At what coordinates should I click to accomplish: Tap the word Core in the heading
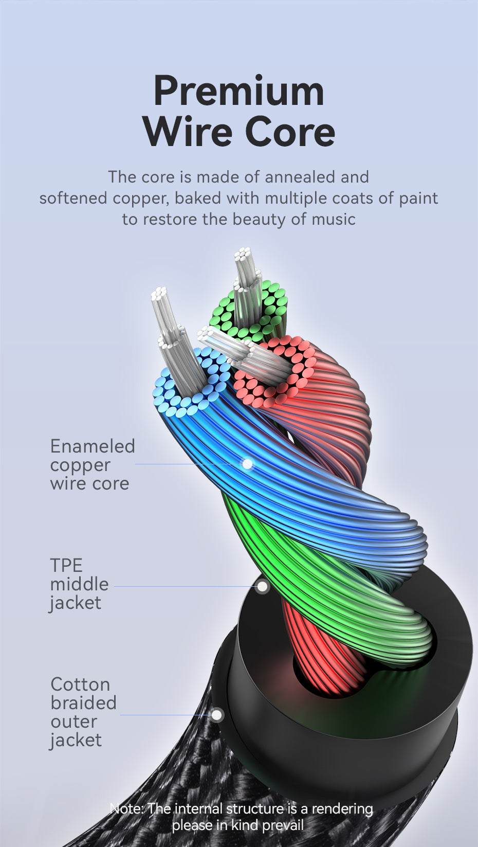(x=290, y=132)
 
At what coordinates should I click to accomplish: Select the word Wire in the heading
(x=188, y=132)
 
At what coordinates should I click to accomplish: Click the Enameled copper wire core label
(x=92, y=464)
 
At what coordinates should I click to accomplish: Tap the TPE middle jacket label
(x=79, y=584)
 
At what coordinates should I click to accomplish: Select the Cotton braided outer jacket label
(x=83, y=712)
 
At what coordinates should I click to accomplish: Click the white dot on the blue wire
(x=247, y=464)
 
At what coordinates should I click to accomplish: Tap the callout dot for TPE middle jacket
(x=262, y=586)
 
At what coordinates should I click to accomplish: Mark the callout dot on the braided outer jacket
(x=217, y=715)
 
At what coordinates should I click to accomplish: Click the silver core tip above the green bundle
(x=244, y=254)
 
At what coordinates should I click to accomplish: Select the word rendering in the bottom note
(x=342, y=809)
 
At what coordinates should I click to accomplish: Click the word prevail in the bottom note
(x=283, y=826)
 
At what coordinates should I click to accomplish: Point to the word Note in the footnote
(x=126, y=809)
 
